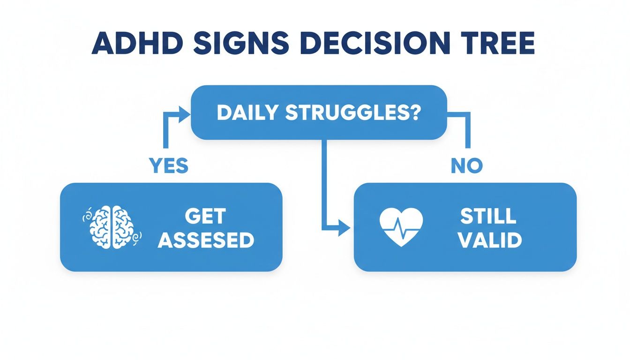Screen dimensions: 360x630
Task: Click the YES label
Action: coord(168,165)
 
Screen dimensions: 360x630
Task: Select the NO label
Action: coord(467,165)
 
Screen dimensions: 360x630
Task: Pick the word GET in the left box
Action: coord(205,216)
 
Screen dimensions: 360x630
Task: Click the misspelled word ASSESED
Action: coord(206,240)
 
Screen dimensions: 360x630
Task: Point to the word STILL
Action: coord(488,216)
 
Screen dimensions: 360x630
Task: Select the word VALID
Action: coord(489,240)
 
